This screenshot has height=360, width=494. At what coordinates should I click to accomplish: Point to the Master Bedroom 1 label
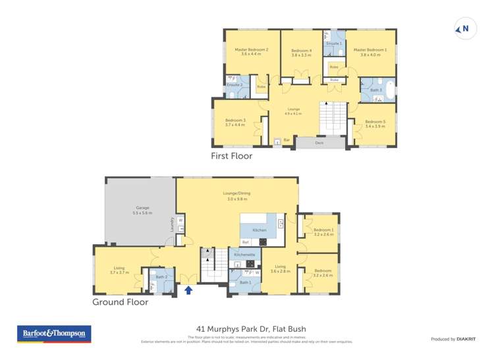(x=371, y=49)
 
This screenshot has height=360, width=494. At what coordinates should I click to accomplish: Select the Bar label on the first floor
(x=287, y=140)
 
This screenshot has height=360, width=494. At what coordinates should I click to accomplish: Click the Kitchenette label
(x=244, y=254)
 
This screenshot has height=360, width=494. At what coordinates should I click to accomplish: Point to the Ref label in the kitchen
(x=245, y=242)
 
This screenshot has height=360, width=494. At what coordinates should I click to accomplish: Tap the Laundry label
(x=173, y=224)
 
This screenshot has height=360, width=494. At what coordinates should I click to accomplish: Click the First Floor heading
(x=231, y=157)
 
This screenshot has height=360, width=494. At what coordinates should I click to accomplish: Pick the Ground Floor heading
(x=121, y=302)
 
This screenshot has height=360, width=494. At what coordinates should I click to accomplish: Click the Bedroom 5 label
(x=375, y=121)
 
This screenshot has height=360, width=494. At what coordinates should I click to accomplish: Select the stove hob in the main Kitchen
(x=263, y=242)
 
